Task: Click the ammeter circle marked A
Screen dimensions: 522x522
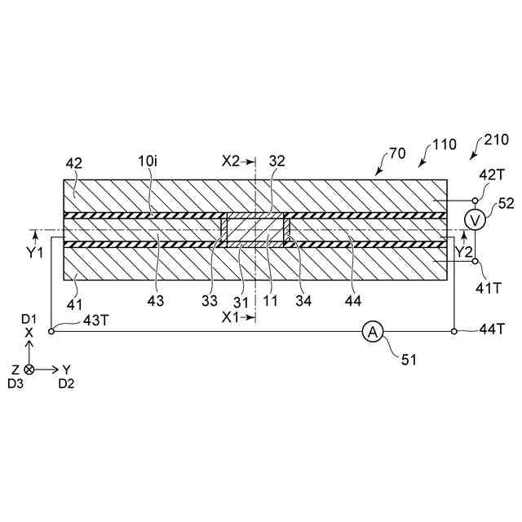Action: (373, 331)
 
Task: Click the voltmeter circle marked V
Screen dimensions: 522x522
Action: (478, 218)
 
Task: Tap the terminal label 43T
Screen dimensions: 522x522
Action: (95, 320)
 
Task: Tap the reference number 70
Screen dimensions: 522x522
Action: (397, 153)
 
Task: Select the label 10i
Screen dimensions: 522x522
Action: (148, 163)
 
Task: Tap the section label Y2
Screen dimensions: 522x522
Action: (462, 252)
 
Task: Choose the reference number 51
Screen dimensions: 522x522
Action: (407, 358)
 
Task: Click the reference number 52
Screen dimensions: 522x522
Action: (506, 201)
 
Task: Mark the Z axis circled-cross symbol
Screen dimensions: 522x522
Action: (29, 369)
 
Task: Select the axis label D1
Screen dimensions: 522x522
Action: (29, 317)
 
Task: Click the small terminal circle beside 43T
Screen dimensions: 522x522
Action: (52, 331)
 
